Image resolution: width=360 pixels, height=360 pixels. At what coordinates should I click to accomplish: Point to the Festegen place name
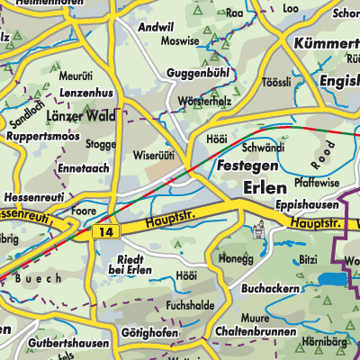[244, 166]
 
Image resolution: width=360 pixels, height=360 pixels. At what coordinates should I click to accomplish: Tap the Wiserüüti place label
[154, 154]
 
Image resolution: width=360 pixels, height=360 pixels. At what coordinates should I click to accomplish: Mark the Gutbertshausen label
[67, 344]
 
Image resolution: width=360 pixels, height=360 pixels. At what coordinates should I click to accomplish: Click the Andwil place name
[152, 27]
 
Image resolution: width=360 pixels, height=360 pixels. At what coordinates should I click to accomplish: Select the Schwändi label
[263, 147]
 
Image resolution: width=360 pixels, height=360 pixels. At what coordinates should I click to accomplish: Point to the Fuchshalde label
[190, 305]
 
